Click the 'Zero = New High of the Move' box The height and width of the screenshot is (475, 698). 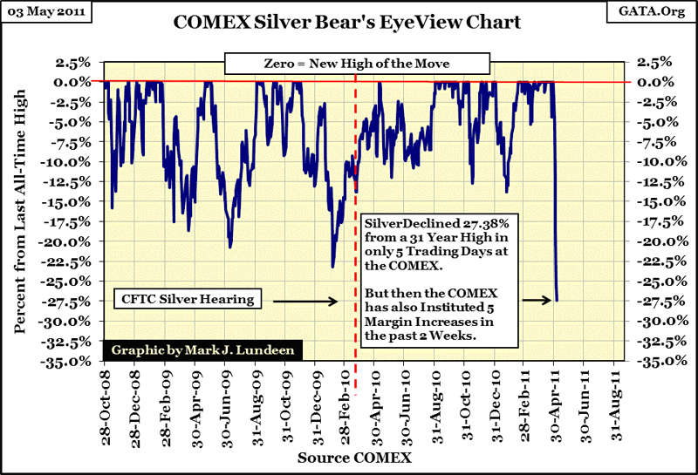tap(353, 64)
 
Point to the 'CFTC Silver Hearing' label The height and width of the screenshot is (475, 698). tap(185, 300)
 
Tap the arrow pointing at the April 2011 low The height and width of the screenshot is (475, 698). tap(536, 301)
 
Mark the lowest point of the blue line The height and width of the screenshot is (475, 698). tap(557, 301)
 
